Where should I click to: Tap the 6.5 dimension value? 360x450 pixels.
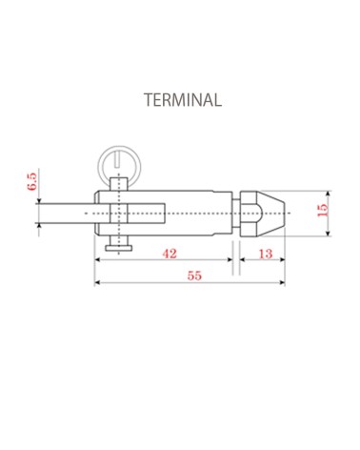[x=31, y=182]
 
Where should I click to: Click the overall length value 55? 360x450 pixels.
[x=193, y=276]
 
